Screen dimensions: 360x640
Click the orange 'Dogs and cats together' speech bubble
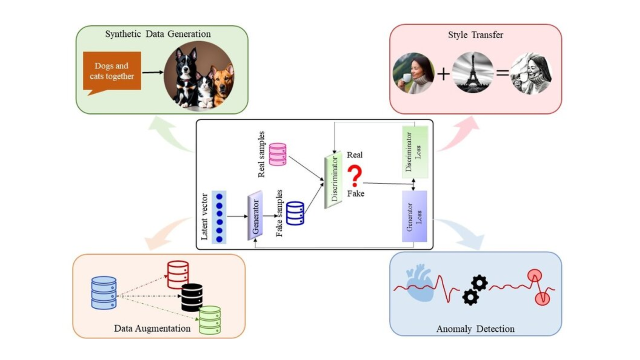tap(112, 71)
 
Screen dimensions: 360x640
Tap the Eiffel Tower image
tap(472, 72)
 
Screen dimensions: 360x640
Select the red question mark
tap(355, 175)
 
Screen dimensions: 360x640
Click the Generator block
tap(255, 215)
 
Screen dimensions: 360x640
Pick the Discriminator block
tap(333, 180)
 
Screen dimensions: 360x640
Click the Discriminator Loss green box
tap(415, 152)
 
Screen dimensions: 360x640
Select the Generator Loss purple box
tap(414, 216)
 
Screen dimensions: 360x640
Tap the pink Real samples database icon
tap(277, 154)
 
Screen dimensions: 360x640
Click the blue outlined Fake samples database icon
tap(295, 213)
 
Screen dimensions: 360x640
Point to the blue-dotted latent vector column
tap(219, 217)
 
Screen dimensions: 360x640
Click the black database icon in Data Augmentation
tap(192, 297)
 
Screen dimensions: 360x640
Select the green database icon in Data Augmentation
tap(210, 320)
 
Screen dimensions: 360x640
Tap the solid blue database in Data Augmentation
tap(104, 292)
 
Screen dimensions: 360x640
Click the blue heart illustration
tap(420, 284)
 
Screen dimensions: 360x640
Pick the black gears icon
tap(475, 290)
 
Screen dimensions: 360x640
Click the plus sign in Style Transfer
tap(443, 74)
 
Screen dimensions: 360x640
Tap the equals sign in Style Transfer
tap(502, 73)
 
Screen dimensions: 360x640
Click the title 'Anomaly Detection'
tap(475, 329)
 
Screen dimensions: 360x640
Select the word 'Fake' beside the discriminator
tap(355, 193)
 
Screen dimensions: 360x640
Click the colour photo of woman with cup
tap(413, 73)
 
